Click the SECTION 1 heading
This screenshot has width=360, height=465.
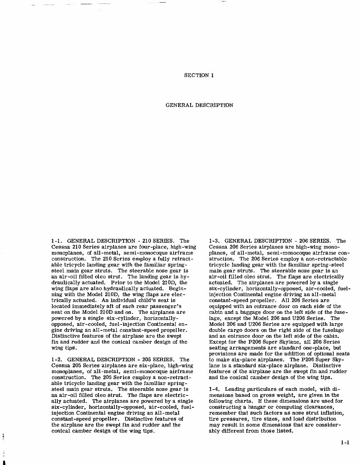(x=199, y=75)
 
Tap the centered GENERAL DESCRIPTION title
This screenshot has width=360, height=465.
(x=199, y=105)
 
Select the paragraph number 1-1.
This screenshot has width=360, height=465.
(x=57, y=241)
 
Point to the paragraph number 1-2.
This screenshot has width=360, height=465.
(x=57, y=360)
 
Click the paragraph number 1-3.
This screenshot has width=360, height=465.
(x=214, y=241)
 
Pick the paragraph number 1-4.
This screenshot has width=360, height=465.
(x=214, y=389)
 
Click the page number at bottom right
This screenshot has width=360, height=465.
(x=345, y=442)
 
